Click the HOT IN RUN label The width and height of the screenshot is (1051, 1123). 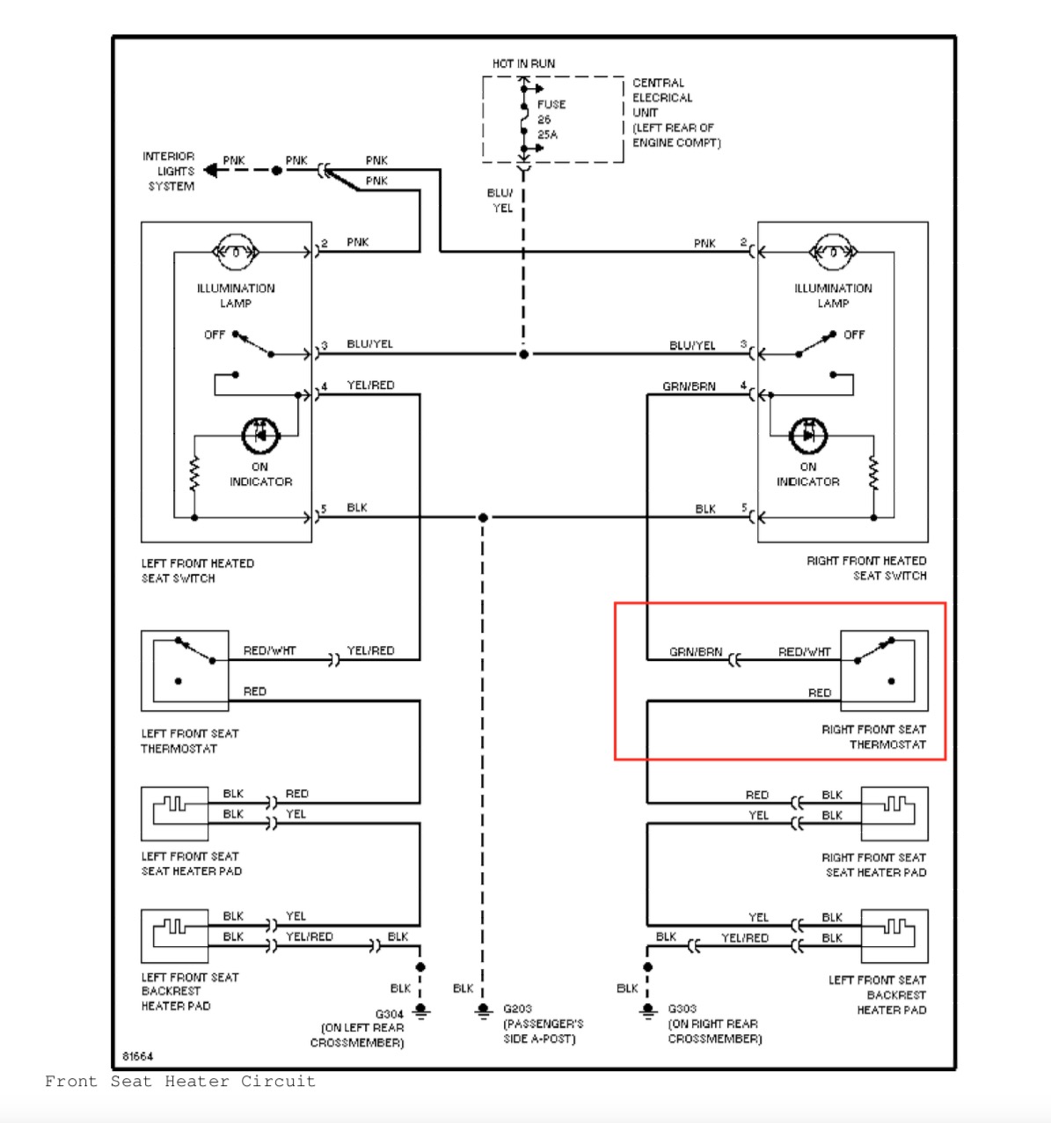coord(523,63)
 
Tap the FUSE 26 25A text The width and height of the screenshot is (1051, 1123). coord(550,120)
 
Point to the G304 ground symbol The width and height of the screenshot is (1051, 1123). coord(421,1012)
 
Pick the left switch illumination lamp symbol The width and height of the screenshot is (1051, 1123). coord(236,253)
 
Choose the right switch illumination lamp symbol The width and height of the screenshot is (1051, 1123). coord(833,253)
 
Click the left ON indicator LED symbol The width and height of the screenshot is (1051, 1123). coord(260,434)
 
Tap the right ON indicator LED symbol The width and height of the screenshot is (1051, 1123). coord(807,435)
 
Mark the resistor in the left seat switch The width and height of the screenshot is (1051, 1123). coord(194,474)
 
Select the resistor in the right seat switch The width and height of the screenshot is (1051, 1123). coord(873,474)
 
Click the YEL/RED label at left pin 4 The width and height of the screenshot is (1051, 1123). coord(370,385)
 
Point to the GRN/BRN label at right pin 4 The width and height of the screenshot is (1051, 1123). coord(689,386)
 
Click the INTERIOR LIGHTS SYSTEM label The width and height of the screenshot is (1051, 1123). coord(169,171)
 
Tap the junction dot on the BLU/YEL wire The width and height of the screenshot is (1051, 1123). coord(524,355)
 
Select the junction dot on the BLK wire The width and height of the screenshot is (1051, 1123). coord(483,517)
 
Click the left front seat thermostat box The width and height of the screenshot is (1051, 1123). coord(185,670)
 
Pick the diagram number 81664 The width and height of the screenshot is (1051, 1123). coord(138,1055)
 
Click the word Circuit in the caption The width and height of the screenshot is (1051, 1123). coord(278,1082)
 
